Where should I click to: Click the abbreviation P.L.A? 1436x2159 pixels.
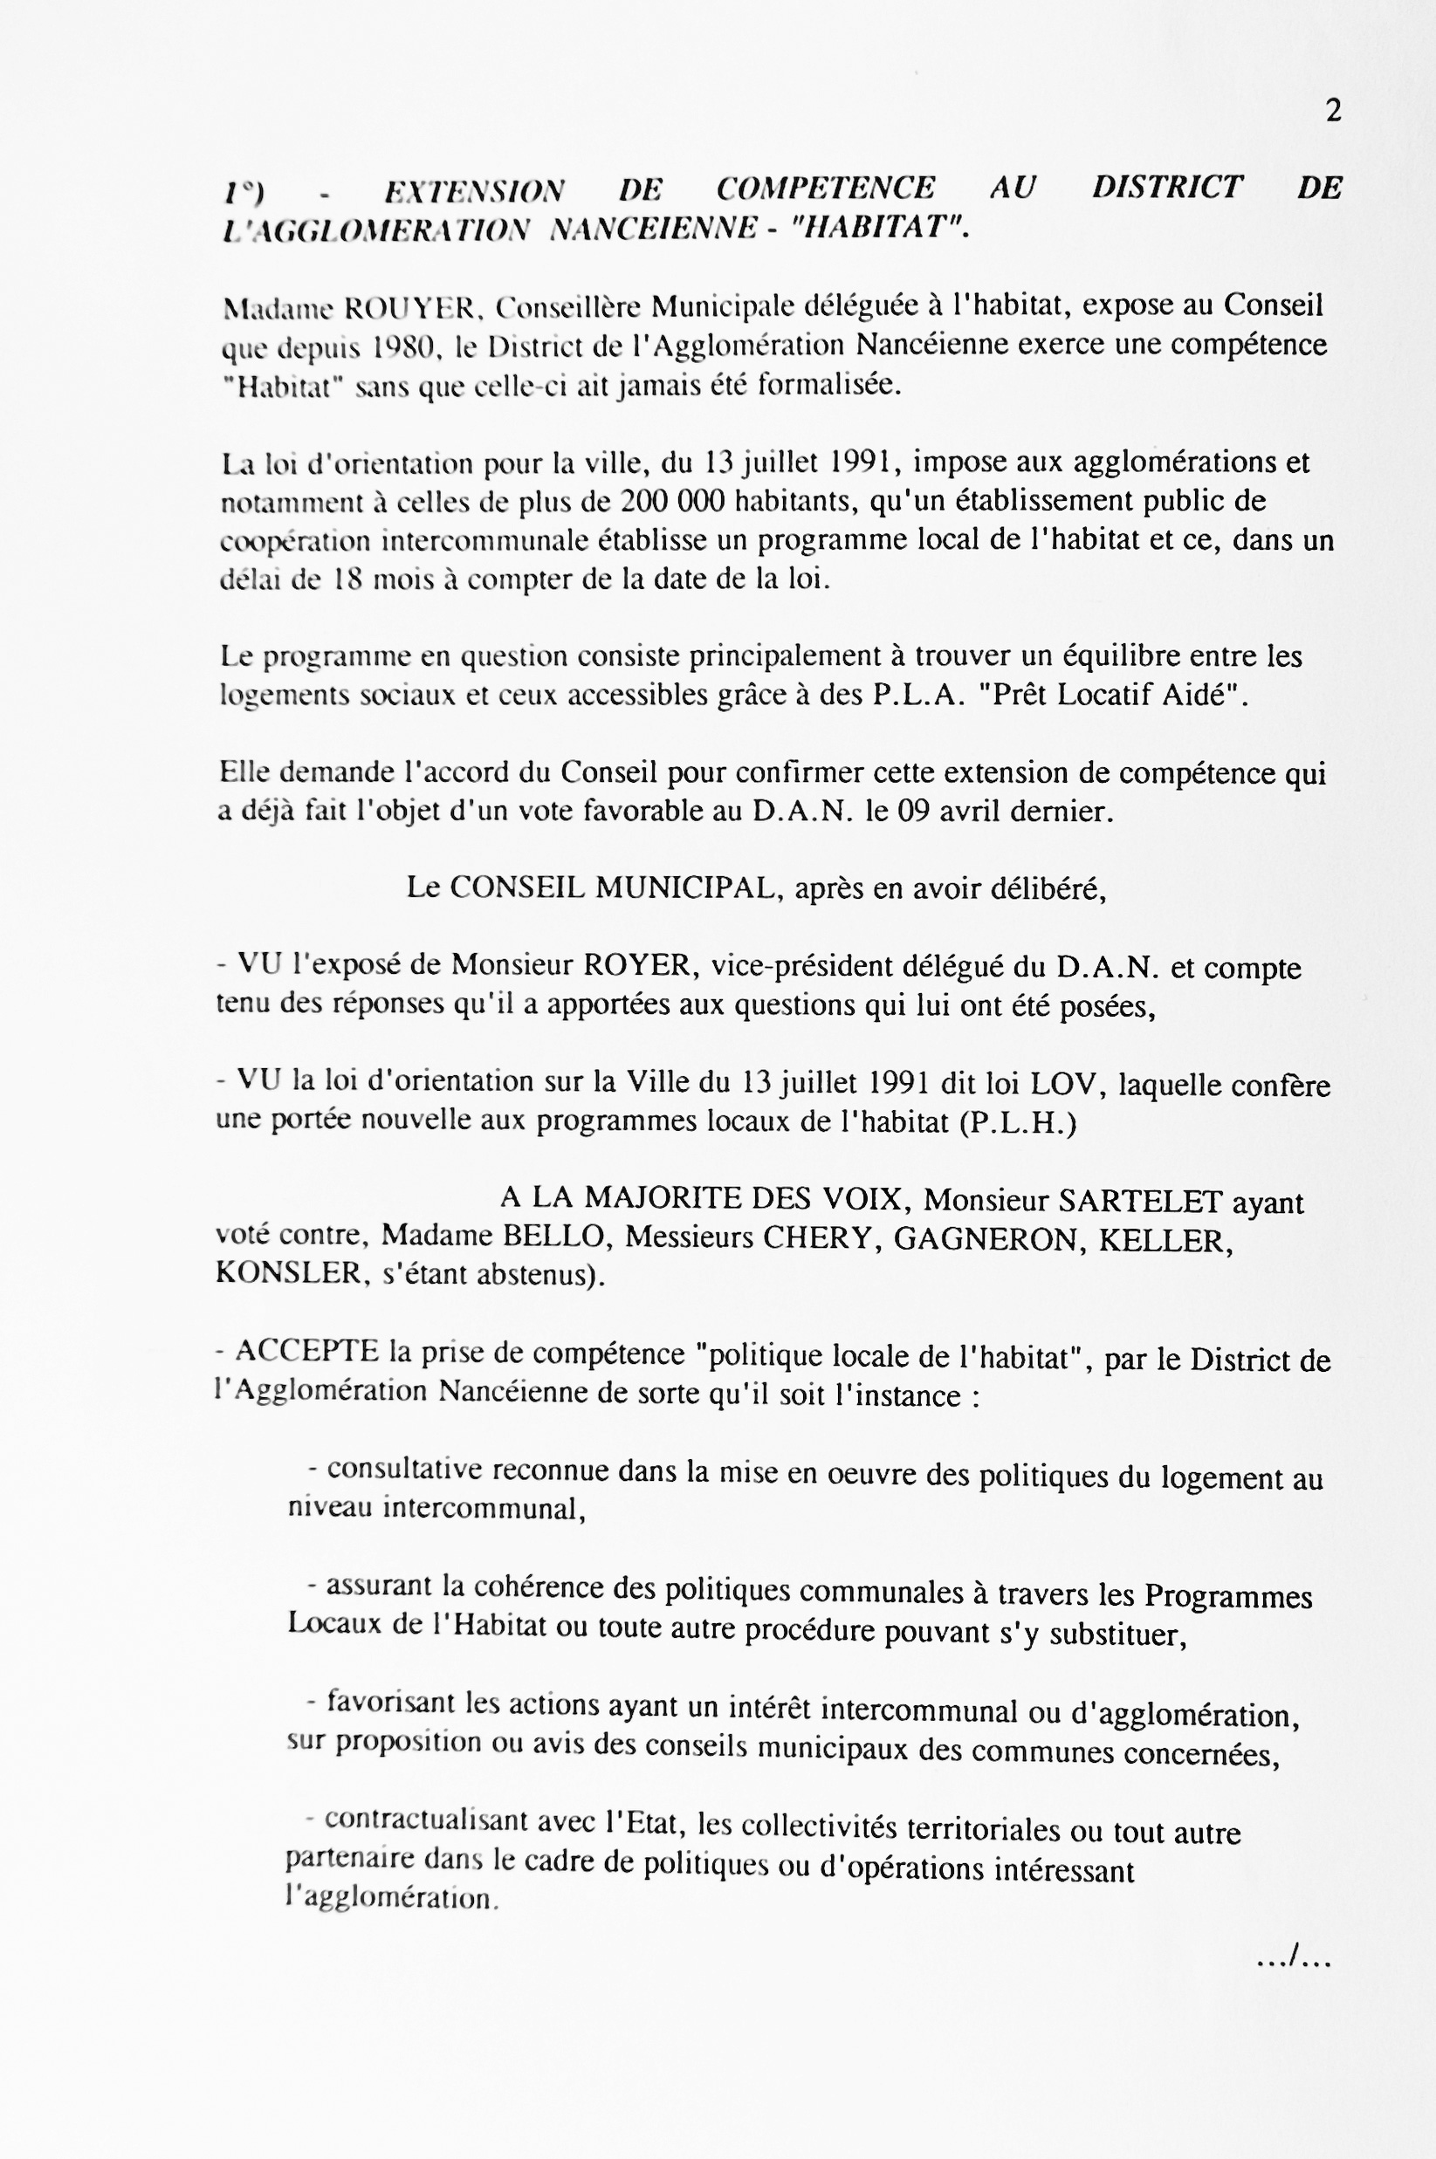(915, 696)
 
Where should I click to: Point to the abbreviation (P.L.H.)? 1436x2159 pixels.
(1018, 1122)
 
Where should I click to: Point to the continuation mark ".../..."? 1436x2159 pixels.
(1292, 1959)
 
